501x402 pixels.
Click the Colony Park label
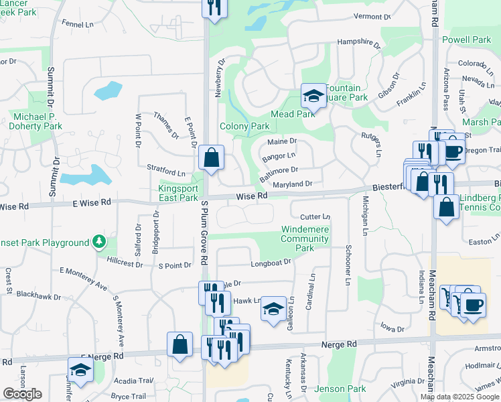pyautogui.click(x=244, y=127)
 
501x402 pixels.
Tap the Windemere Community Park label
pyautogui.click(x=305, y=239)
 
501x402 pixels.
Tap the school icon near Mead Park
pyautogui.click(x=313, y=96)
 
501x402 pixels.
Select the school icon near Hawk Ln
pyautogui.click(x=273, y=308)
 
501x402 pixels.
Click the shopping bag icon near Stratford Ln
pyautogui.click(x=211, y=159)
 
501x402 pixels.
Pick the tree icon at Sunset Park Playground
pyautogui.click(x=99, y=241)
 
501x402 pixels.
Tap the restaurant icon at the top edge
pyautogui.click(x=214, y=8)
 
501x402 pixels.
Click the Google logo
pyautogui.click(x=22, y=394)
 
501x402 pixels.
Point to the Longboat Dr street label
pyautogui.click(x=271, y=263)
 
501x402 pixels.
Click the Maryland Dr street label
pyautogui.click(x=293, y=184)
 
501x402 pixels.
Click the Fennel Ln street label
pyautogui.click(x=78, y=23)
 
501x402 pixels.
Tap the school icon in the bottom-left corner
pyautogui.click(x=80, y=370)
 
